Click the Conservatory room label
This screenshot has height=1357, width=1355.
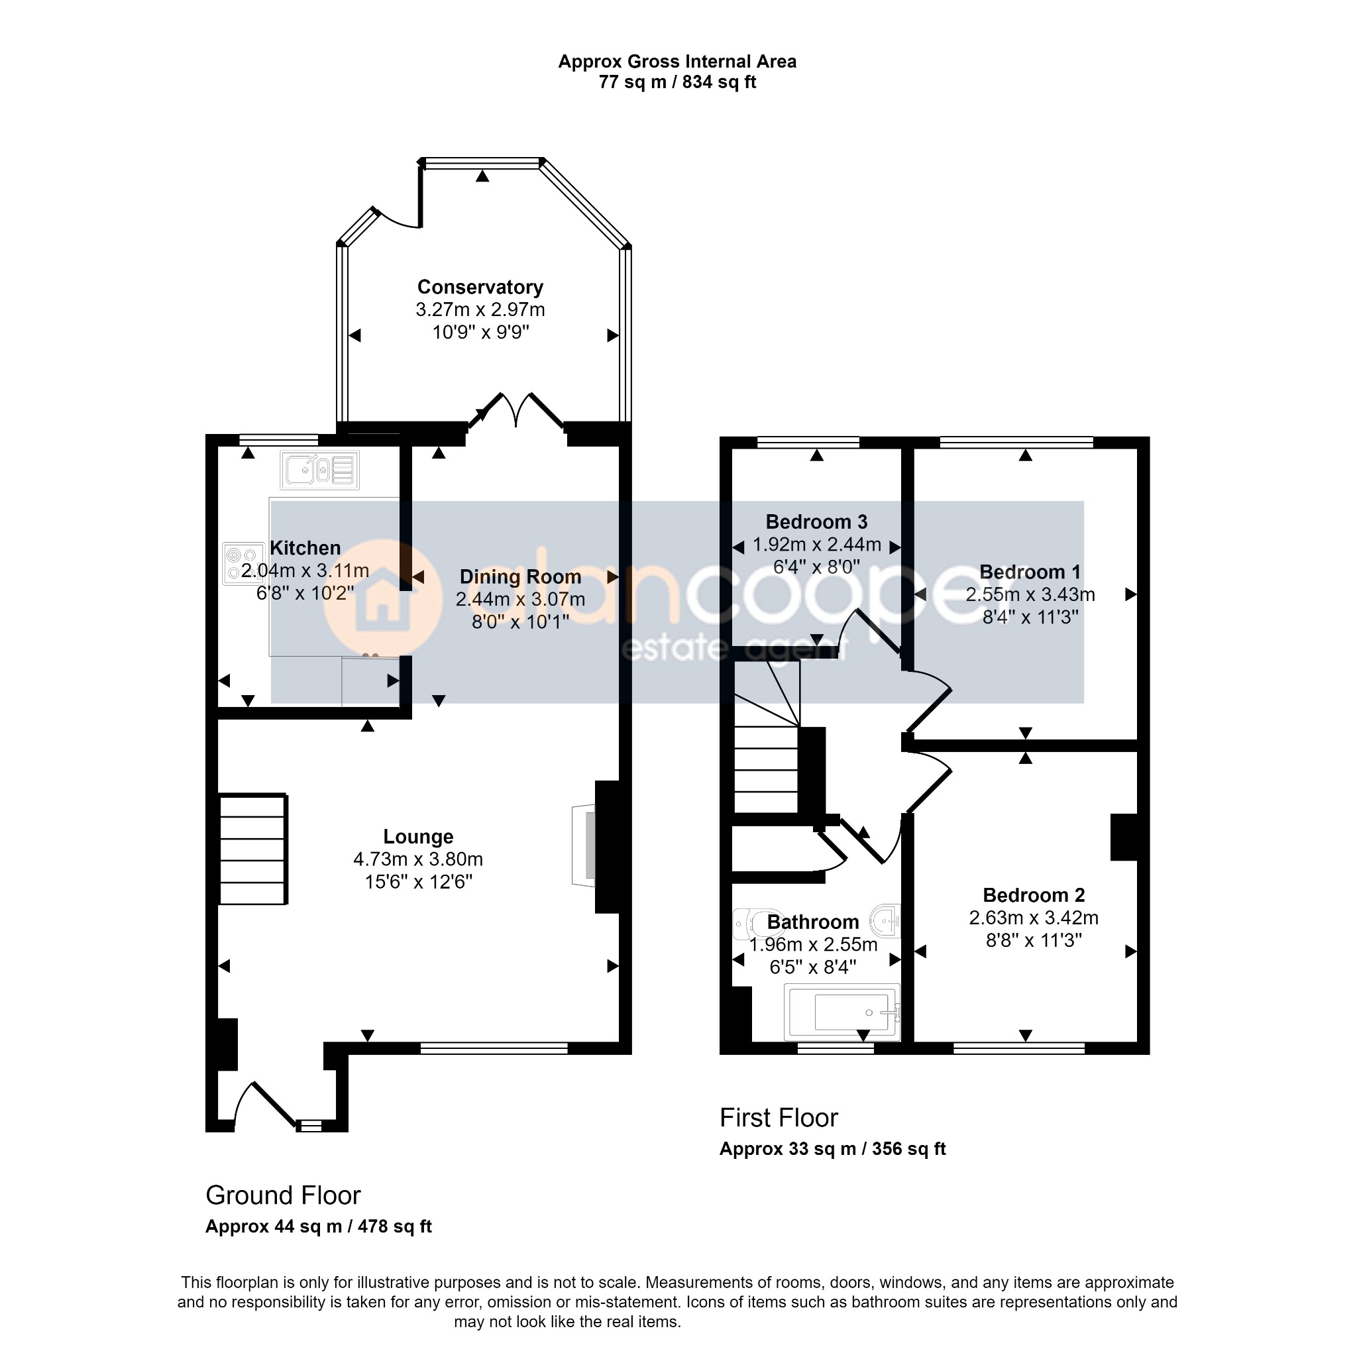480,288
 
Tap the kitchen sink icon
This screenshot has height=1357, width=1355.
320,470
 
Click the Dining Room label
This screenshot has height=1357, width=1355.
521,576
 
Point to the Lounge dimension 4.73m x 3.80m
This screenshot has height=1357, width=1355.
419,859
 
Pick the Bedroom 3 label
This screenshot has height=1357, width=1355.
817,522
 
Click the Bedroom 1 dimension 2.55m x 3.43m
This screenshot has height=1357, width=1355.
1030,595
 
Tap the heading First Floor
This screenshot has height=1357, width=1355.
779,1118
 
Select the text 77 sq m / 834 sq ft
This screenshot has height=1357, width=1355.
677,82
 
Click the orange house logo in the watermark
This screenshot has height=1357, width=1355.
382,598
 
